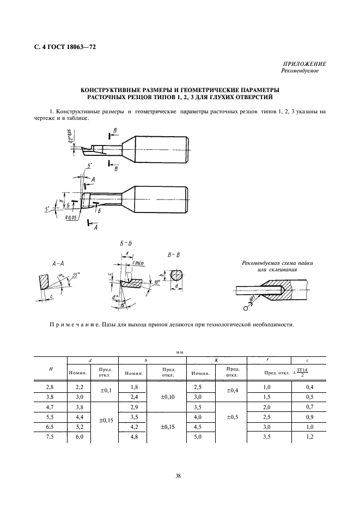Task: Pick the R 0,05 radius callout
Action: pyautogui.click(x=70, y=217)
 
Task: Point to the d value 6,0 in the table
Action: pyautogui.click(x=79, y=437)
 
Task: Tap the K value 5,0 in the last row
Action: pyautogui.click(x=198, y=437)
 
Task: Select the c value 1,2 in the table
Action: pyautogui.click(x=309, y=437)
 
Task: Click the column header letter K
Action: pyautogui.click(x=216, y=360)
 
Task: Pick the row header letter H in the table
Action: pyautogui.click(x=51, y=368)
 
